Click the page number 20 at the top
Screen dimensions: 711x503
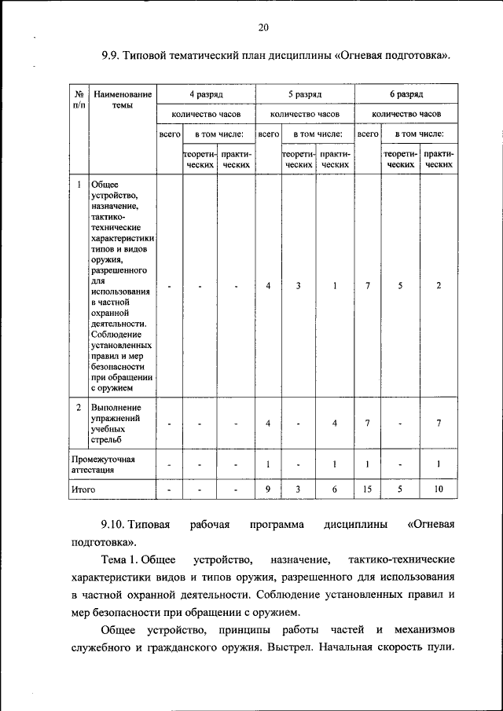[x=263, y=28]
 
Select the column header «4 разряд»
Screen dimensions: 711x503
[x=207, y=93]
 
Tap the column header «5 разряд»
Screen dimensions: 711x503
[x=304, y=93]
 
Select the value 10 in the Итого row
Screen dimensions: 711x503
[x=439, y=489]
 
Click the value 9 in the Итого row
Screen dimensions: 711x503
[x=268, y=489]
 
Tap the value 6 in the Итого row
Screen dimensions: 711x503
[x=335, y=489]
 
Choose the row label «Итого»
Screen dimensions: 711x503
[x=83, y=489]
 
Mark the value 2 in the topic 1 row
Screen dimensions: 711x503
[x=439, y=285]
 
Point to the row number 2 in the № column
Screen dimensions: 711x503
[x=79, y=408]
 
